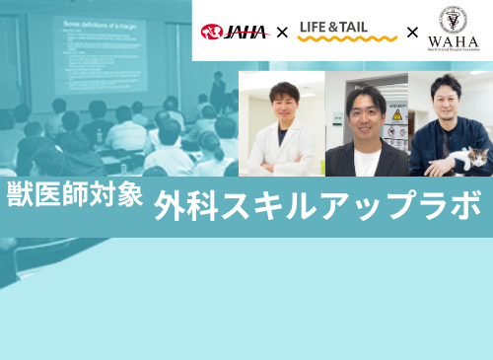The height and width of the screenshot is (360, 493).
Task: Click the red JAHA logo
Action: pyautogui.click(x=234, y=33)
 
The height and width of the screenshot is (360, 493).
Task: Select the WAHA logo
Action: pyautogui.click(x=454, y=31)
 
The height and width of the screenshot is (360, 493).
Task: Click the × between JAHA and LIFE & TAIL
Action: pyautogui.click(x=282, y=34)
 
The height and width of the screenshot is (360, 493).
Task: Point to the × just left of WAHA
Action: pyautogui.click(x=412, y=34)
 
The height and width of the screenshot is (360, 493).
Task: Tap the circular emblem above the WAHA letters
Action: pyautogui.click(x=454, y=20)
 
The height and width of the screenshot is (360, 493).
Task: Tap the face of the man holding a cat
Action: pyautogui.click(x=450, y=103)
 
